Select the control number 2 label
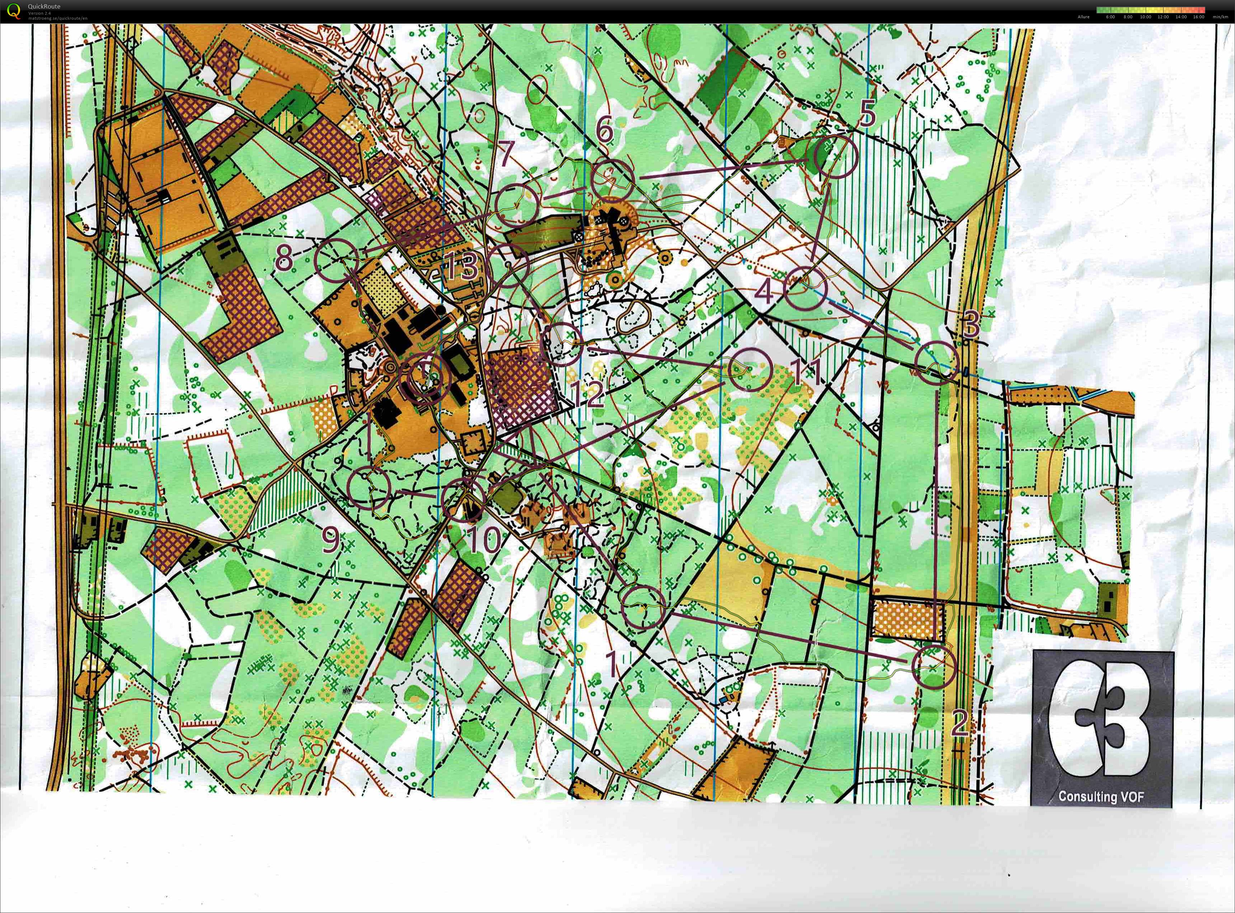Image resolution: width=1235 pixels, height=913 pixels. point(960,722)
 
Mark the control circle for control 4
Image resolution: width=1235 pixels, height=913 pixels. point(805,287)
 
